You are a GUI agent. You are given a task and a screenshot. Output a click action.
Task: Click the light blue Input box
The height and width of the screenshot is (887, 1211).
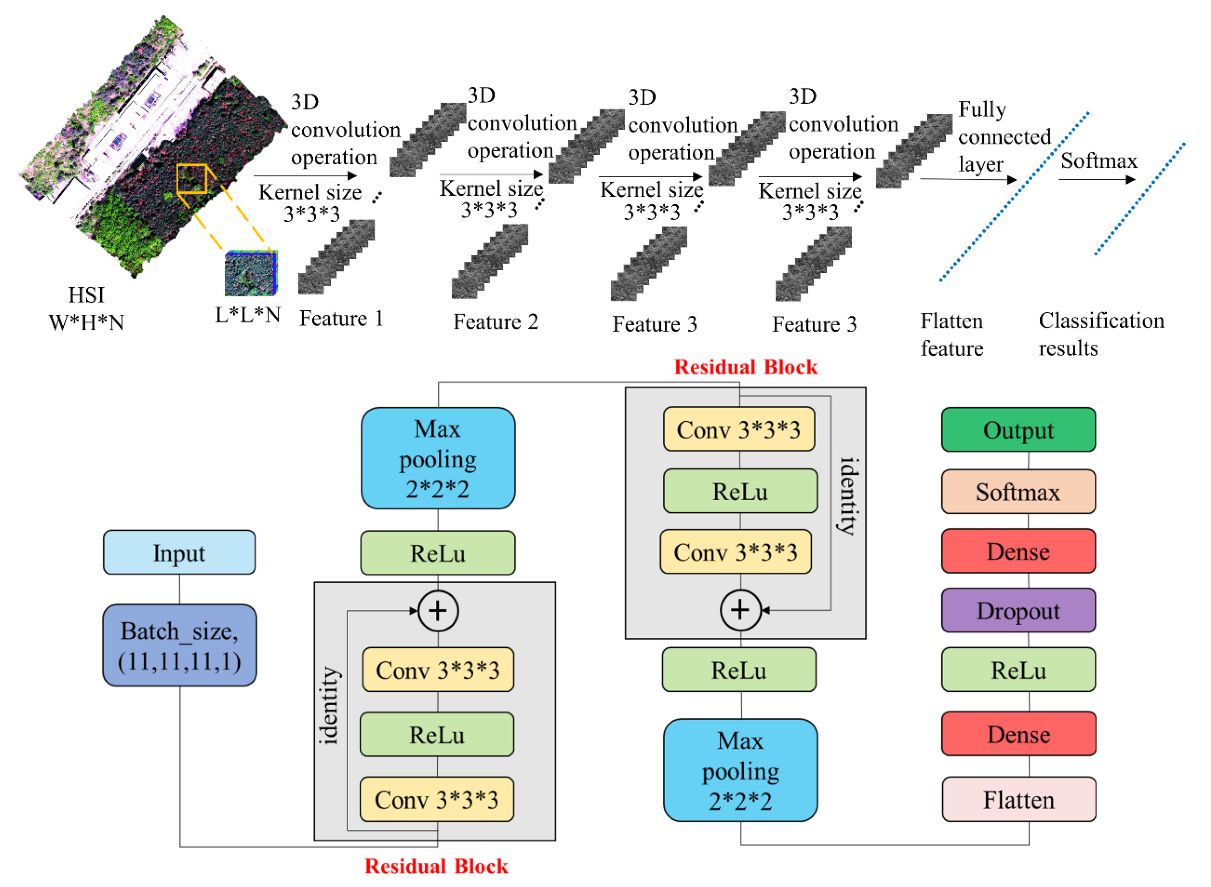[179, 553]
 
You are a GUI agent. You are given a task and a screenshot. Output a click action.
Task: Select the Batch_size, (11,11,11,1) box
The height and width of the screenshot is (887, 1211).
[179, 645]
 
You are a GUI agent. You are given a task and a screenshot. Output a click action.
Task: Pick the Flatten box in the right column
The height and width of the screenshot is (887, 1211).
[1018, 799]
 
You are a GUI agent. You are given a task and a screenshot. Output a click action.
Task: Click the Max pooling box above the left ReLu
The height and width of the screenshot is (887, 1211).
[438, 458]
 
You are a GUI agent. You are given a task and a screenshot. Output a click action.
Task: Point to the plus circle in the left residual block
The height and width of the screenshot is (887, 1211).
[438, 611]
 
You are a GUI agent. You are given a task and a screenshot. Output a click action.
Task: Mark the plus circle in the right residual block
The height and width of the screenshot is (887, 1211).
[740, 610]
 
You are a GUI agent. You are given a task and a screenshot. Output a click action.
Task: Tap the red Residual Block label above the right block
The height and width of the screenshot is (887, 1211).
[745, 367]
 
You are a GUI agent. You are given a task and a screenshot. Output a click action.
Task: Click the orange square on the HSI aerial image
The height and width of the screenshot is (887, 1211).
[191, 179]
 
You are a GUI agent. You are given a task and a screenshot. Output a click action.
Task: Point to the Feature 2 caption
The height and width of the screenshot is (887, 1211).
[495, 321]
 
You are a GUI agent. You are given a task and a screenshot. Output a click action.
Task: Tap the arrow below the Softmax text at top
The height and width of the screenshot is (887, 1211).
[1095, 179]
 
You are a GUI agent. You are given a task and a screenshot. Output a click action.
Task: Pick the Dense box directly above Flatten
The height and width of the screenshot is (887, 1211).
[1018, 734]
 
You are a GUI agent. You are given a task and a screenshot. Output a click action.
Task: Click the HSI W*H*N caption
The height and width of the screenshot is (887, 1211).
[86, 309]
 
